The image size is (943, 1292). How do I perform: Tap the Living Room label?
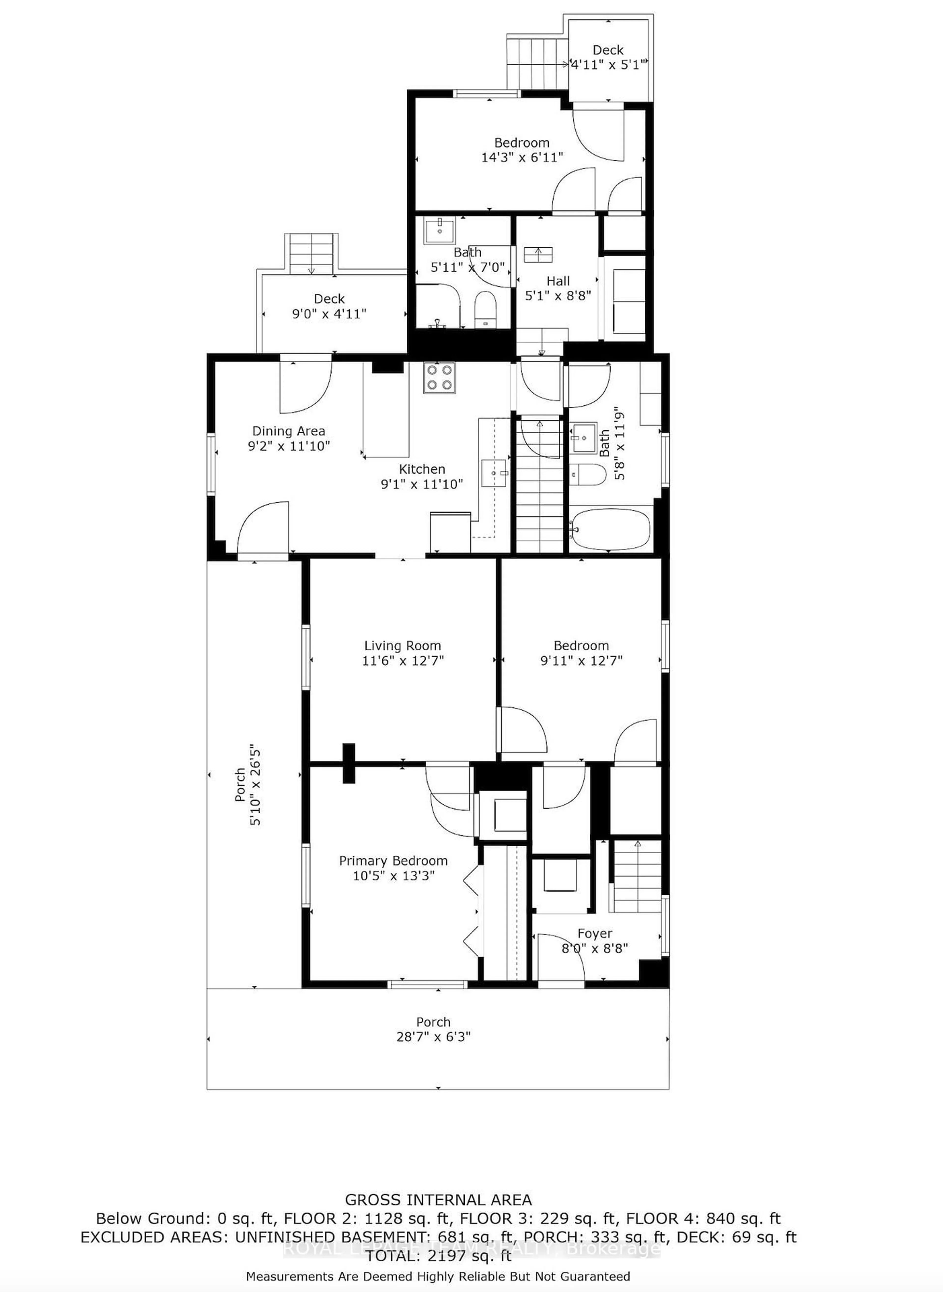(x=402, y=646)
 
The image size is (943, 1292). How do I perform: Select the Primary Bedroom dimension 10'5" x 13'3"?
(x=393, y=876)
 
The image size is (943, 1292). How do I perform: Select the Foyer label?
(x=595, y=934)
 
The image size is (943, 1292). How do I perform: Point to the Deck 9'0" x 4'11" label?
(x=329, y=299)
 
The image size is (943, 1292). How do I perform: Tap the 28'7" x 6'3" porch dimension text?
(x=433, y=1037)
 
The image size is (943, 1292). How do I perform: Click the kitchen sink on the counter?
(x=494, y=473)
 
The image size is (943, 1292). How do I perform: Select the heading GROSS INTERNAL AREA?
(x=438, y=1200)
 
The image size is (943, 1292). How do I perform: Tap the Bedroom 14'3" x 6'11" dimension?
(x=522, y=157)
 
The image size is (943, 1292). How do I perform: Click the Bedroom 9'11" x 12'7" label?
(x=581, y=646)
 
